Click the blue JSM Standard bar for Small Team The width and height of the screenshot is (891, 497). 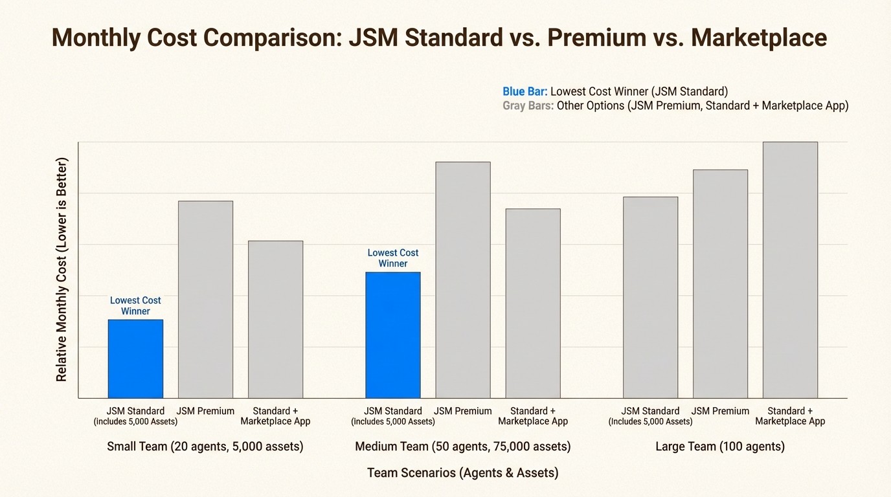pos(135,359)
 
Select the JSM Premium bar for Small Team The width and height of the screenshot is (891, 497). pos(205,299)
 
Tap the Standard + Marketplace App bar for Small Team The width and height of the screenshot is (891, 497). pos(275,319)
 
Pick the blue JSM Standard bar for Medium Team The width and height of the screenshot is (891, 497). pos(393,335)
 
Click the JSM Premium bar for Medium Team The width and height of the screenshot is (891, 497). pos(463,280)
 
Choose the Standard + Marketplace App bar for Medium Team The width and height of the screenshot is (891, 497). pos(533,303)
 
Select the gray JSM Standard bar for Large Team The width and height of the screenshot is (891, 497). pos(650,297)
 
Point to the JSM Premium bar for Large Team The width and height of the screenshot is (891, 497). pos(720,283)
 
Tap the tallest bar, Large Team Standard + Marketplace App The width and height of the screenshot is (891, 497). pos(790,270)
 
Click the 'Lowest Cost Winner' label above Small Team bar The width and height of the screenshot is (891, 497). pos(135,306)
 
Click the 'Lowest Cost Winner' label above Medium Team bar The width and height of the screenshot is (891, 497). pos(393,258)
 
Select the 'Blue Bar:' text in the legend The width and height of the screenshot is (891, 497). pos(525,92)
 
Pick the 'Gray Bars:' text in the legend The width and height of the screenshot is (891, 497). pos(528,106)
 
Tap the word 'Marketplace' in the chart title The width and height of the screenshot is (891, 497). pos(758,38)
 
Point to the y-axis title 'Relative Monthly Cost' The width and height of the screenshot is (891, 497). pos(62,269)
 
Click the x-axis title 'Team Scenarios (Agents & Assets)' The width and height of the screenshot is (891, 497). pos(462,473)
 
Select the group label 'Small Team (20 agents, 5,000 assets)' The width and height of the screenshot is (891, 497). pos(205,447)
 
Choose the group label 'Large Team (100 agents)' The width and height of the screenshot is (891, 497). pos(720,447)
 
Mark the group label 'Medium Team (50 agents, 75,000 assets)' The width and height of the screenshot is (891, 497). pos(462,447)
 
